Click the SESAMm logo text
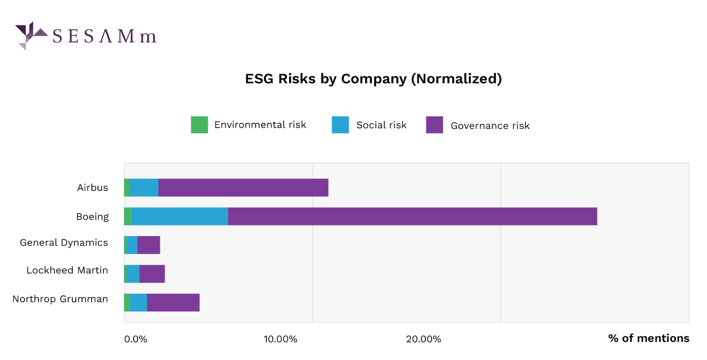click(104, 36)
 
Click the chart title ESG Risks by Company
click(373, 79)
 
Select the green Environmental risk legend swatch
click(199, 125)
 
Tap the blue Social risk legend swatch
click(340, 125)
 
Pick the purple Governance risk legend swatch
click(434, 125)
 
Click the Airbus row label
click(93, 188)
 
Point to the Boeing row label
click(93, 216)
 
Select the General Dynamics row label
click(64, 243)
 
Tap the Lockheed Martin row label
click(67, 270)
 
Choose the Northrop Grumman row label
click(60, 299)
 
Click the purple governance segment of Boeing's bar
click(412, 216)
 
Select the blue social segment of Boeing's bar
click(179, 216)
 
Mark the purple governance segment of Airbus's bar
click(243, 188)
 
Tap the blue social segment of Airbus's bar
click(144, 188)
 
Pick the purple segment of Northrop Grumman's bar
click(173, 303)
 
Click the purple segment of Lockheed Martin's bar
click(152, 274)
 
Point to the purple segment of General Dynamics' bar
click(149, 245)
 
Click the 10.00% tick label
click(280, 339)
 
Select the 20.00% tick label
click(424, 339)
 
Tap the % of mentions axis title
click(648, 338)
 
